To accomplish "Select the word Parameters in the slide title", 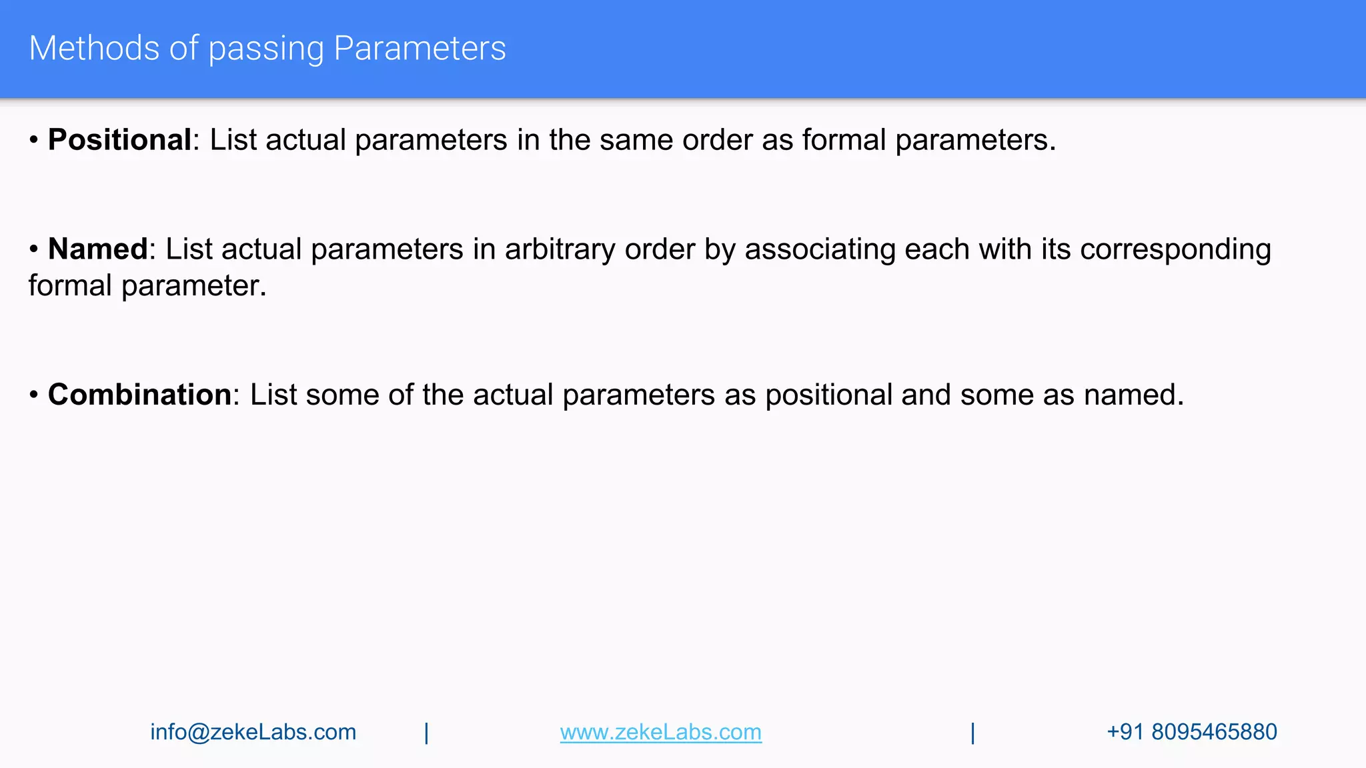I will (420, 48).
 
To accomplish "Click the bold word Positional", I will (120, 140).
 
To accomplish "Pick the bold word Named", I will (98, 249).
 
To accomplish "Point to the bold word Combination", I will (140, 395).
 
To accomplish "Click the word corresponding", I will (1175, 249).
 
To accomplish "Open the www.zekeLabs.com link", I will (660, 732).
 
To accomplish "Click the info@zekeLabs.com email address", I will (253, 732).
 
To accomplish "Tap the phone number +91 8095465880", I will (1191, 732).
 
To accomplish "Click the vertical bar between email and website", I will (426, 733).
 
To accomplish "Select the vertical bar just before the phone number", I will (972, 733).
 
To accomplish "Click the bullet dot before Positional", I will (34, 141).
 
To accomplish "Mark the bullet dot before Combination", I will (34, 395).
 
